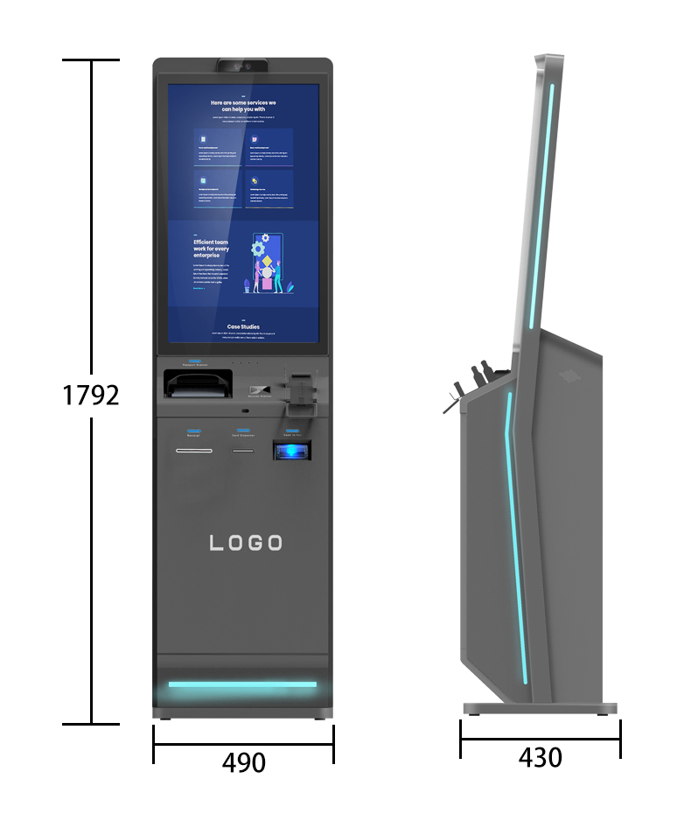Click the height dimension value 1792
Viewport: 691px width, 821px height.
(x=91, y=395)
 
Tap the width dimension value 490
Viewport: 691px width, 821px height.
(x=243, y=762)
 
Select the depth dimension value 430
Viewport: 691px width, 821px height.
(x=540, y=757)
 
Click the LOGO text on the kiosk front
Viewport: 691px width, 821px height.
(x=246, y=544)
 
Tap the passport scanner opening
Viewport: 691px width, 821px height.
(x=199, y=382)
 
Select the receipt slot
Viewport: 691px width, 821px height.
(x=193, y=452)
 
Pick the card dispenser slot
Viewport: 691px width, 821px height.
(x=243, y=452)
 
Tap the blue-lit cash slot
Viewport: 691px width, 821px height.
(x=291, y=450)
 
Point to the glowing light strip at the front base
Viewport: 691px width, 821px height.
(x=242, y=684)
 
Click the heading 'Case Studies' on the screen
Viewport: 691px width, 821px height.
(x=243, y=326)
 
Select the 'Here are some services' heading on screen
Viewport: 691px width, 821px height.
(x=243, y=107)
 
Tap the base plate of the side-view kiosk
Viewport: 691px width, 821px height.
(x=539, y=708)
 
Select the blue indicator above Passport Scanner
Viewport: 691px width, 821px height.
(x=193, y=361)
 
